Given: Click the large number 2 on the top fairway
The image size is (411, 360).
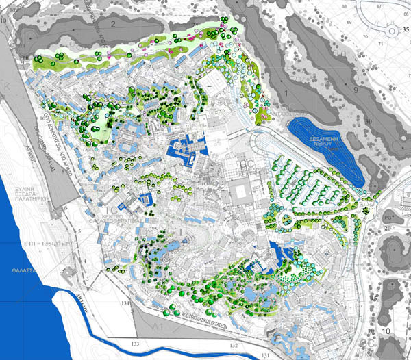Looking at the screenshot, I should coord(112,24).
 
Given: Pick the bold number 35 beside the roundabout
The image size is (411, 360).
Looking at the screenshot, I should coord(406,30).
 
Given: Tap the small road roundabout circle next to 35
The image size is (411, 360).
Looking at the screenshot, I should coord(392,31).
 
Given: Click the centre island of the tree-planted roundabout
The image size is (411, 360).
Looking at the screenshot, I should coord(285,220).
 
